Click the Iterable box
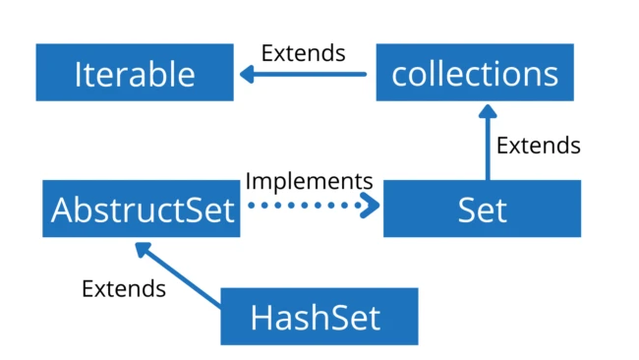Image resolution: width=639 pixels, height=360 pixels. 135,73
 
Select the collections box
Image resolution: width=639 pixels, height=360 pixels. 475,73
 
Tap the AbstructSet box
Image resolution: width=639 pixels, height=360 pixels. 142,209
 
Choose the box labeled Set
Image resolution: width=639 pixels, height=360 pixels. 482,209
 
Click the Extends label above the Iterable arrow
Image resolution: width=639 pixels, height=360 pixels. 304,52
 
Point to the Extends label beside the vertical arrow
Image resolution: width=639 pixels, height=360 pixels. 538,146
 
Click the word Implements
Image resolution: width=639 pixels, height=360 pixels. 309,181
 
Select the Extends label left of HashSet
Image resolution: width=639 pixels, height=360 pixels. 123,288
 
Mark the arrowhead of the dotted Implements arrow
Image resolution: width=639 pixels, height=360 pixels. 371,207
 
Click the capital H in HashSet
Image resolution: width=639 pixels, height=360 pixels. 261,317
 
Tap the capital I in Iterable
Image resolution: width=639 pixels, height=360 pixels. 78,74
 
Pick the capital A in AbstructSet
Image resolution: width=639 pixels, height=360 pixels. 63,210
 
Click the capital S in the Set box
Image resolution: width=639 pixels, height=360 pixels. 466,210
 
